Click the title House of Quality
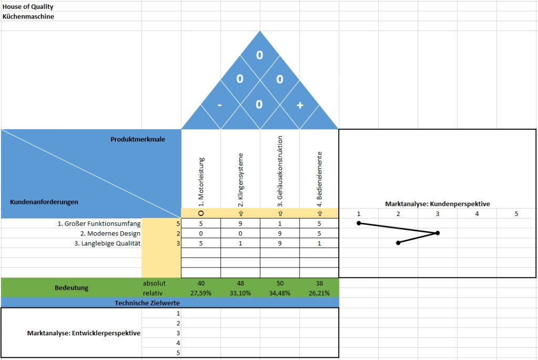click(28, 6)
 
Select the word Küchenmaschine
click(28, 16)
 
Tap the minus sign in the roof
click(220, 105)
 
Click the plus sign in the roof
click(300, 105)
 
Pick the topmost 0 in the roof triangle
click(260, 55)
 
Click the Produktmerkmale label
click(138, 139)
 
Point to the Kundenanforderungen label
click(44, 202)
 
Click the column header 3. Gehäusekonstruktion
click(280, 171)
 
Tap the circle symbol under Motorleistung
click(201, 213)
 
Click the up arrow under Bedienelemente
click(319, 213)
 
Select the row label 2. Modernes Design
click(110, 233)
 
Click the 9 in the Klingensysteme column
click(240, 223)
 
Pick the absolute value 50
click(280, 283)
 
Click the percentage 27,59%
click(201, 293)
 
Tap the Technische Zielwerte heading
click(147, 303)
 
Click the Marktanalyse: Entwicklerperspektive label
click(84, 333)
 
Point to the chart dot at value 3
click(438, 233)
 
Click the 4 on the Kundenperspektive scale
click(477, 214)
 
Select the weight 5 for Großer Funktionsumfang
click(178, 224)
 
